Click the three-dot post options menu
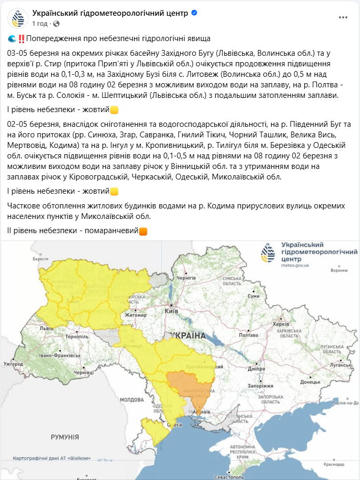[x=343, y=17]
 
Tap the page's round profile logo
[x=17, y=18]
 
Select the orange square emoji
[x=143, y=231]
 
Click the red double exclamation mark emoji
[x=21, y=38]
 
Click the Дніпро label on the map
[x=257, y=369]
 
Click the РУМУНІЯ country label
[x=65, y=437]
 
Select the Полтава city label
[x=247, y=335]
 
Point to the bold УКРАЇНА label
[x=188, y=335]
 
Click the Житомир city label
[x=135, y=315]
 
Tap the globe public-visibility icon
[x=56, y=24]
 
